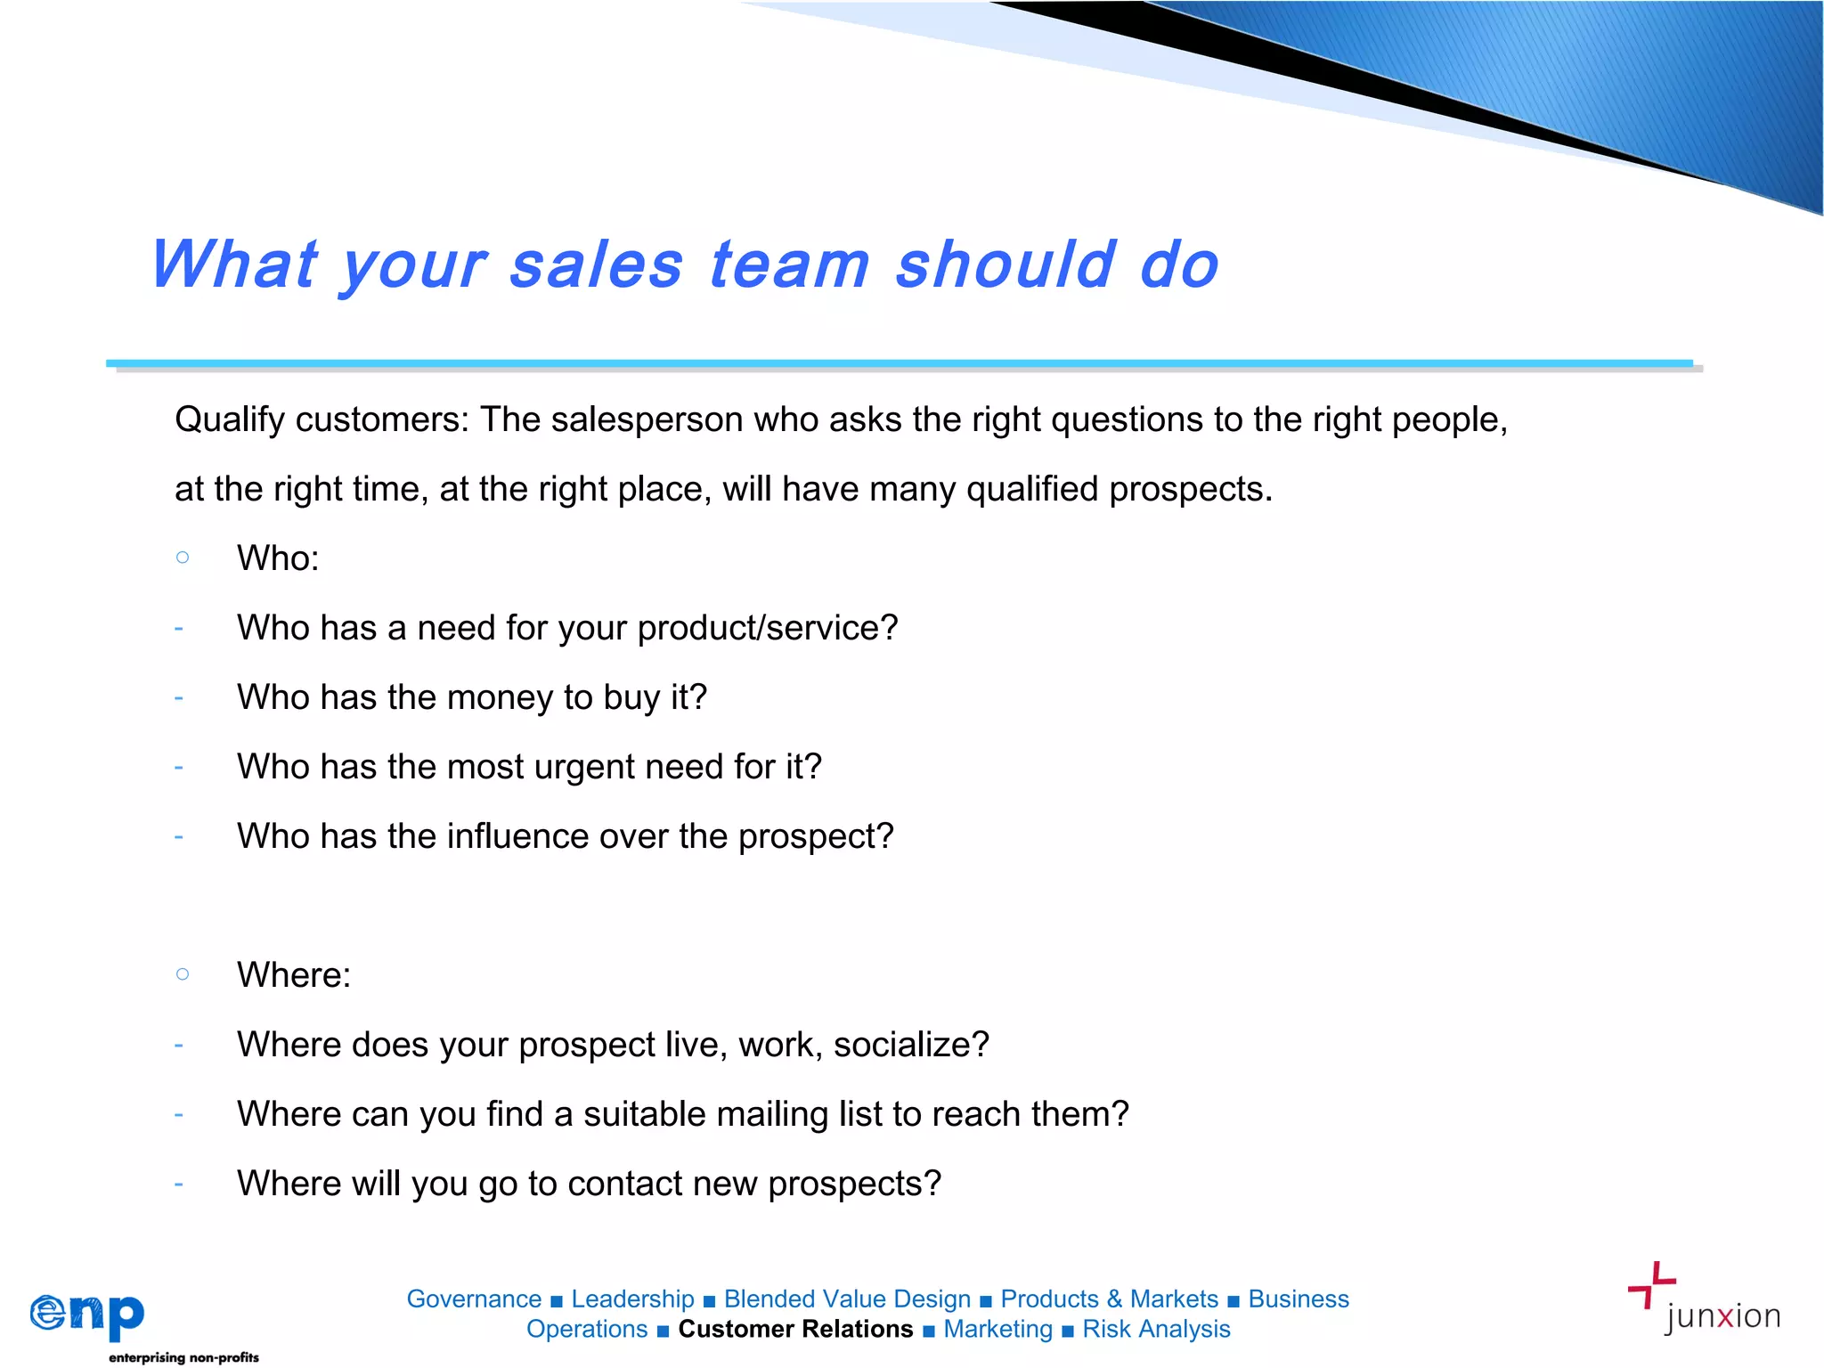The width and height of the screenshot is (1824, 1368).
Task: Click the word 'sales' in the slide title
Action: pos(596,265)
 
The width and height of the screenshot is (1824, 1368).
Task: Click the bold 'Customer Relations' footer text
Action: pos(795,1329)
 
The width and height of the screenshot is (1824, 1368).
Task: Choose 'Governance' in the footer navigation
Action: pos(474,1299)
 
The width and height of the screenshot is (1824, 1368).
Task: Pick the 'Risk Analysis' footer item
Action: pos(1156,1329)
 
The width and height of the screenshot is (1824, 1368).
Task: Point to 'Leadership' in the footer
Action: pos(632,1299)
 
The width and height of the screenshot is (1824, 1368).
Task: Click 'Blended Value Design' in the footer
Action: pos(847,1299)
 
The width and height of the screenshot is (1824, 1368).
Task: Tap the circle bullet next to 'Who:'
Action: pos(183,558)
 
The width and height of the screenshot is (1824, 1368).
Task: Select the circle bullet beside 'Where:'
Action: pos(183,974)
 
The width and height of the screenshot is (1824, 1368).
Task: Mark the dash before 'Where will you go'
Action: pos(179,1184)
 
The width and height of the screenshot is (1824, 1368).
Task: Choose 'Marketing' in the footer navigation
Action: pos(997,1329)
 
